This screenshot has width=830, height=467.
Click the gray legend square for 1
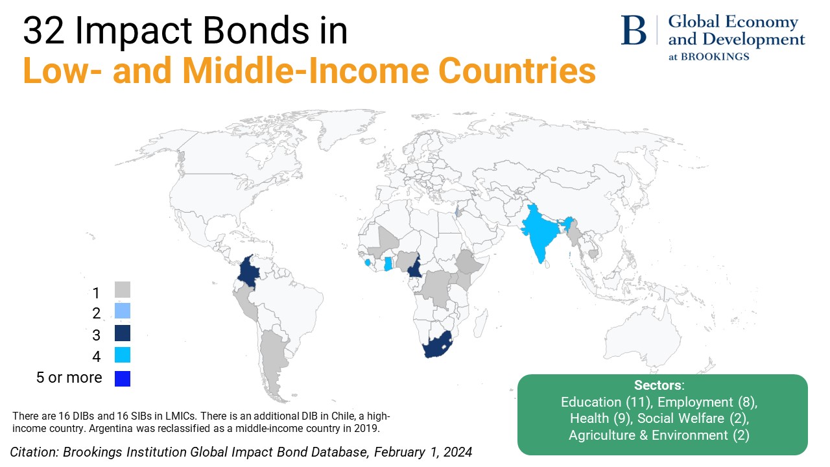(123, 290)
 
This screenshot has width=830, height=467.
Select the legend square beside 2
(123, 311)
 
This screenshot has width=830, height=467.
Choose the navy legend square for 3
(123, 333)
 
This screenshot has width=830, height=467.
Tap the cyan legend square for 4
(123, 355)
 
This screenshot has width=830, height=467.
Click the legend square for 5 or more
(123, 377)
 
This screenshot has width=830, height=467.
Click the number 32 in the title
(43, 31)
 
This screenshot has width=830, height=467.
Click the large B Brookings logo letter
(634, 30)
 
